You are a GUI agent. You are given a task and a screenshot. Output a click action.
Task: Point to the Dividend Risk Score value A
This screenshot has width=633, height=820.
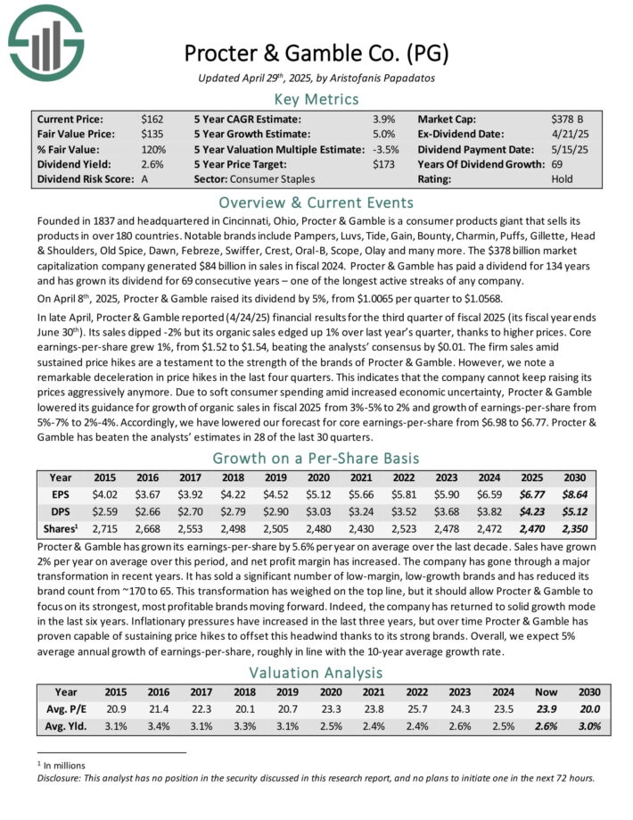[145, 178]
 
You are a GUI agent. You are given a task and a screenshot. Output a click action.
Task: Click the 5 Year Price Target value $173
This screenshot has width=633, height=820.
[383, 163]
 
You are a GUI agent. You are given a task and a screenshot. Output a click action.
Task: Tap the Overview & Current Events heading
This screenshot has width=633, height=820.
[316, 202]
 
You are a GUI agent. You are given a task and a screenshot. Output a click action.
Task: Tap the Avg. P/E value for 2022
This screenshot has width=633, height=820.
[415, 708]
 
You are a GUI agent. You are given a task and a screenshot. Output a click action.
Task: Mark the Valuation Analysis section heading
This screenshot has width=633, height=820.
[316, 671]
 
